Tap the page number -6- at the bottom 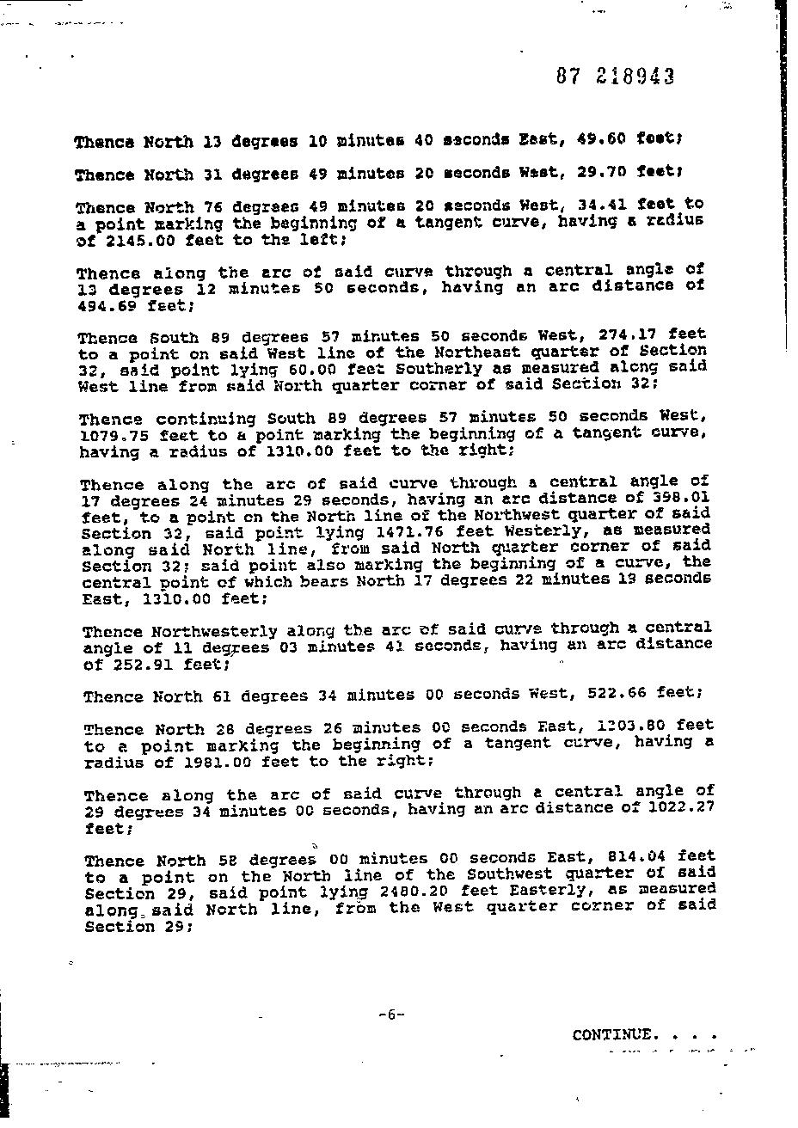click(x=390, y=1015)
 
